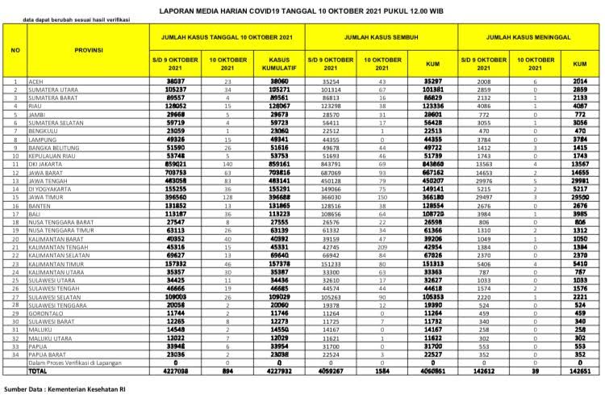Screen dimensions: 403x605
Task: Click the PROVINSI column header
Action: coord(88,50)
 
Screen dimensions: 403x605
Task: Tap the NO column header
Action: coord(15,50)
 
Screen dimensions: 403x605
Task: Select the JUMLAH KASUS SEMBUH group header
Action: coord(380,37)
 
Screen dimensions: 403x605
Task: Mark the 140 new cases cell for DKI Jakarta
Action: coord(227,162)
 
